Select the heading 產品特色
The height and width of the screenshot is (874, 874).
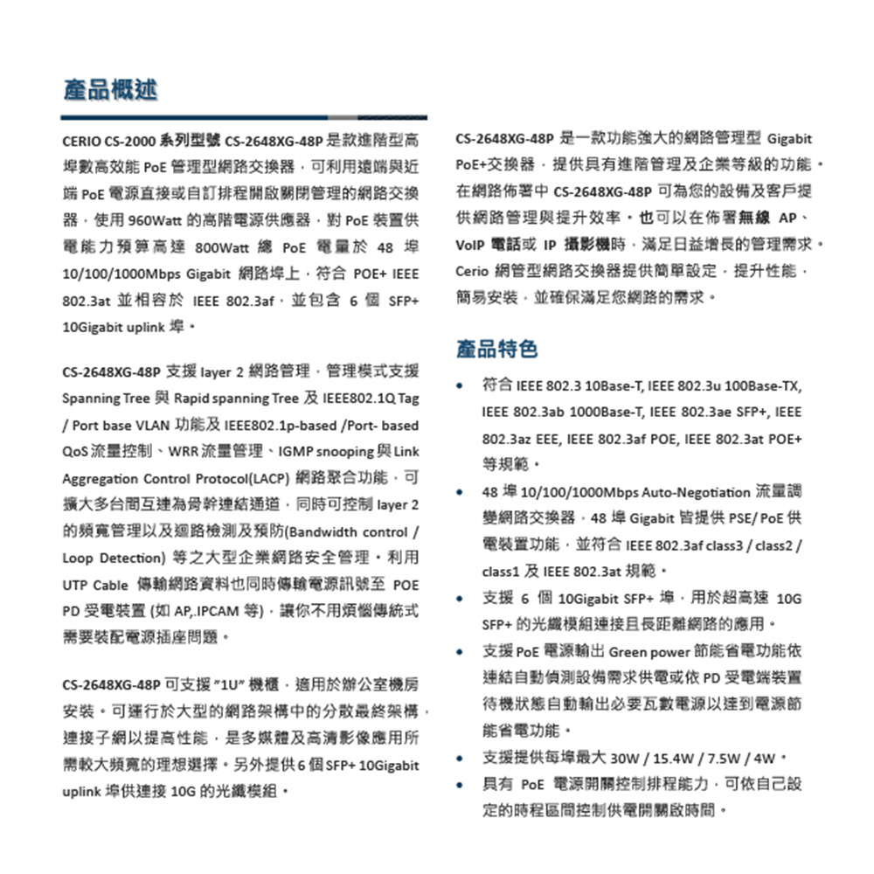pos(496,350)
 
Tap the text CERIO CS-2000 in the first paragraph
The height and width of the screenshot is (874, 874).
pos(108,141)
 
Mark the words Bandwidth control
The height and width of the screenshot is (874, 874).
pos(349,532)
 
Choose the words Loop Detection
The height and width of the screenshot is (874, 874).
pos(118,558)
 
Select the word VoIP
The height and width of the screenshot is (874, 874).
pos(471,244)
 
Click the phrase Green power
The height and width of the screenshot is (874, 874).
pos(643,652)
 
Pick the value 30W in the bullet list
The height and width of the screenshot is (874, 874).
pos(626,757)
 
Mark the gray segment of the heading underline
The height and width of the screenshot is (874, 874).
pos(344,116)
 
